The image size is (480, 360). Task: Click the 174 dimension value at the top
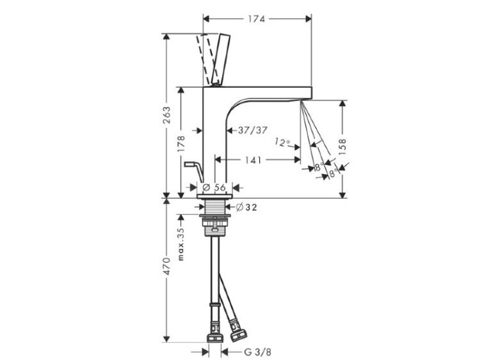pyautogui.click(x=256, y=19)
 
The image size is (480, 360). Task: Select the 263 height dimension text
pyautogui.click(x=167, y=115)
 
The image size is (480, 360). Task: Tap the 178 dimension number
pyautogui.click(x=181, y=144)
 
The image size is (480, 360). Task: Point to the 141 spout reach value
pyautogui.click(x=253, y=160)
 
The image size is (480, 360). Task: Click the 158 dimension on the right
pyautogui.click(x=342, y=147)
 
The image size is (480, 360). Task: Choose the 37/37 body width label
pyautogui.click(x=253, y=130)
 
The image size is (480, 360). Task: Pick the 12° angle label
pyautogui.click(x=282, y=142)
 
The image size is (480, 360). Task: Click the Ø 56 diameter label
pyautogui.click(x=214, y=187)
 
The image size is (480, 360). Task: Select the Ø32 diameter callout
pyautogui.click(x=246, y=207)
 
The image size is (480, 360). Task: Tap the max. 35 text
pyautogui.click(x=181, y=244)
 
